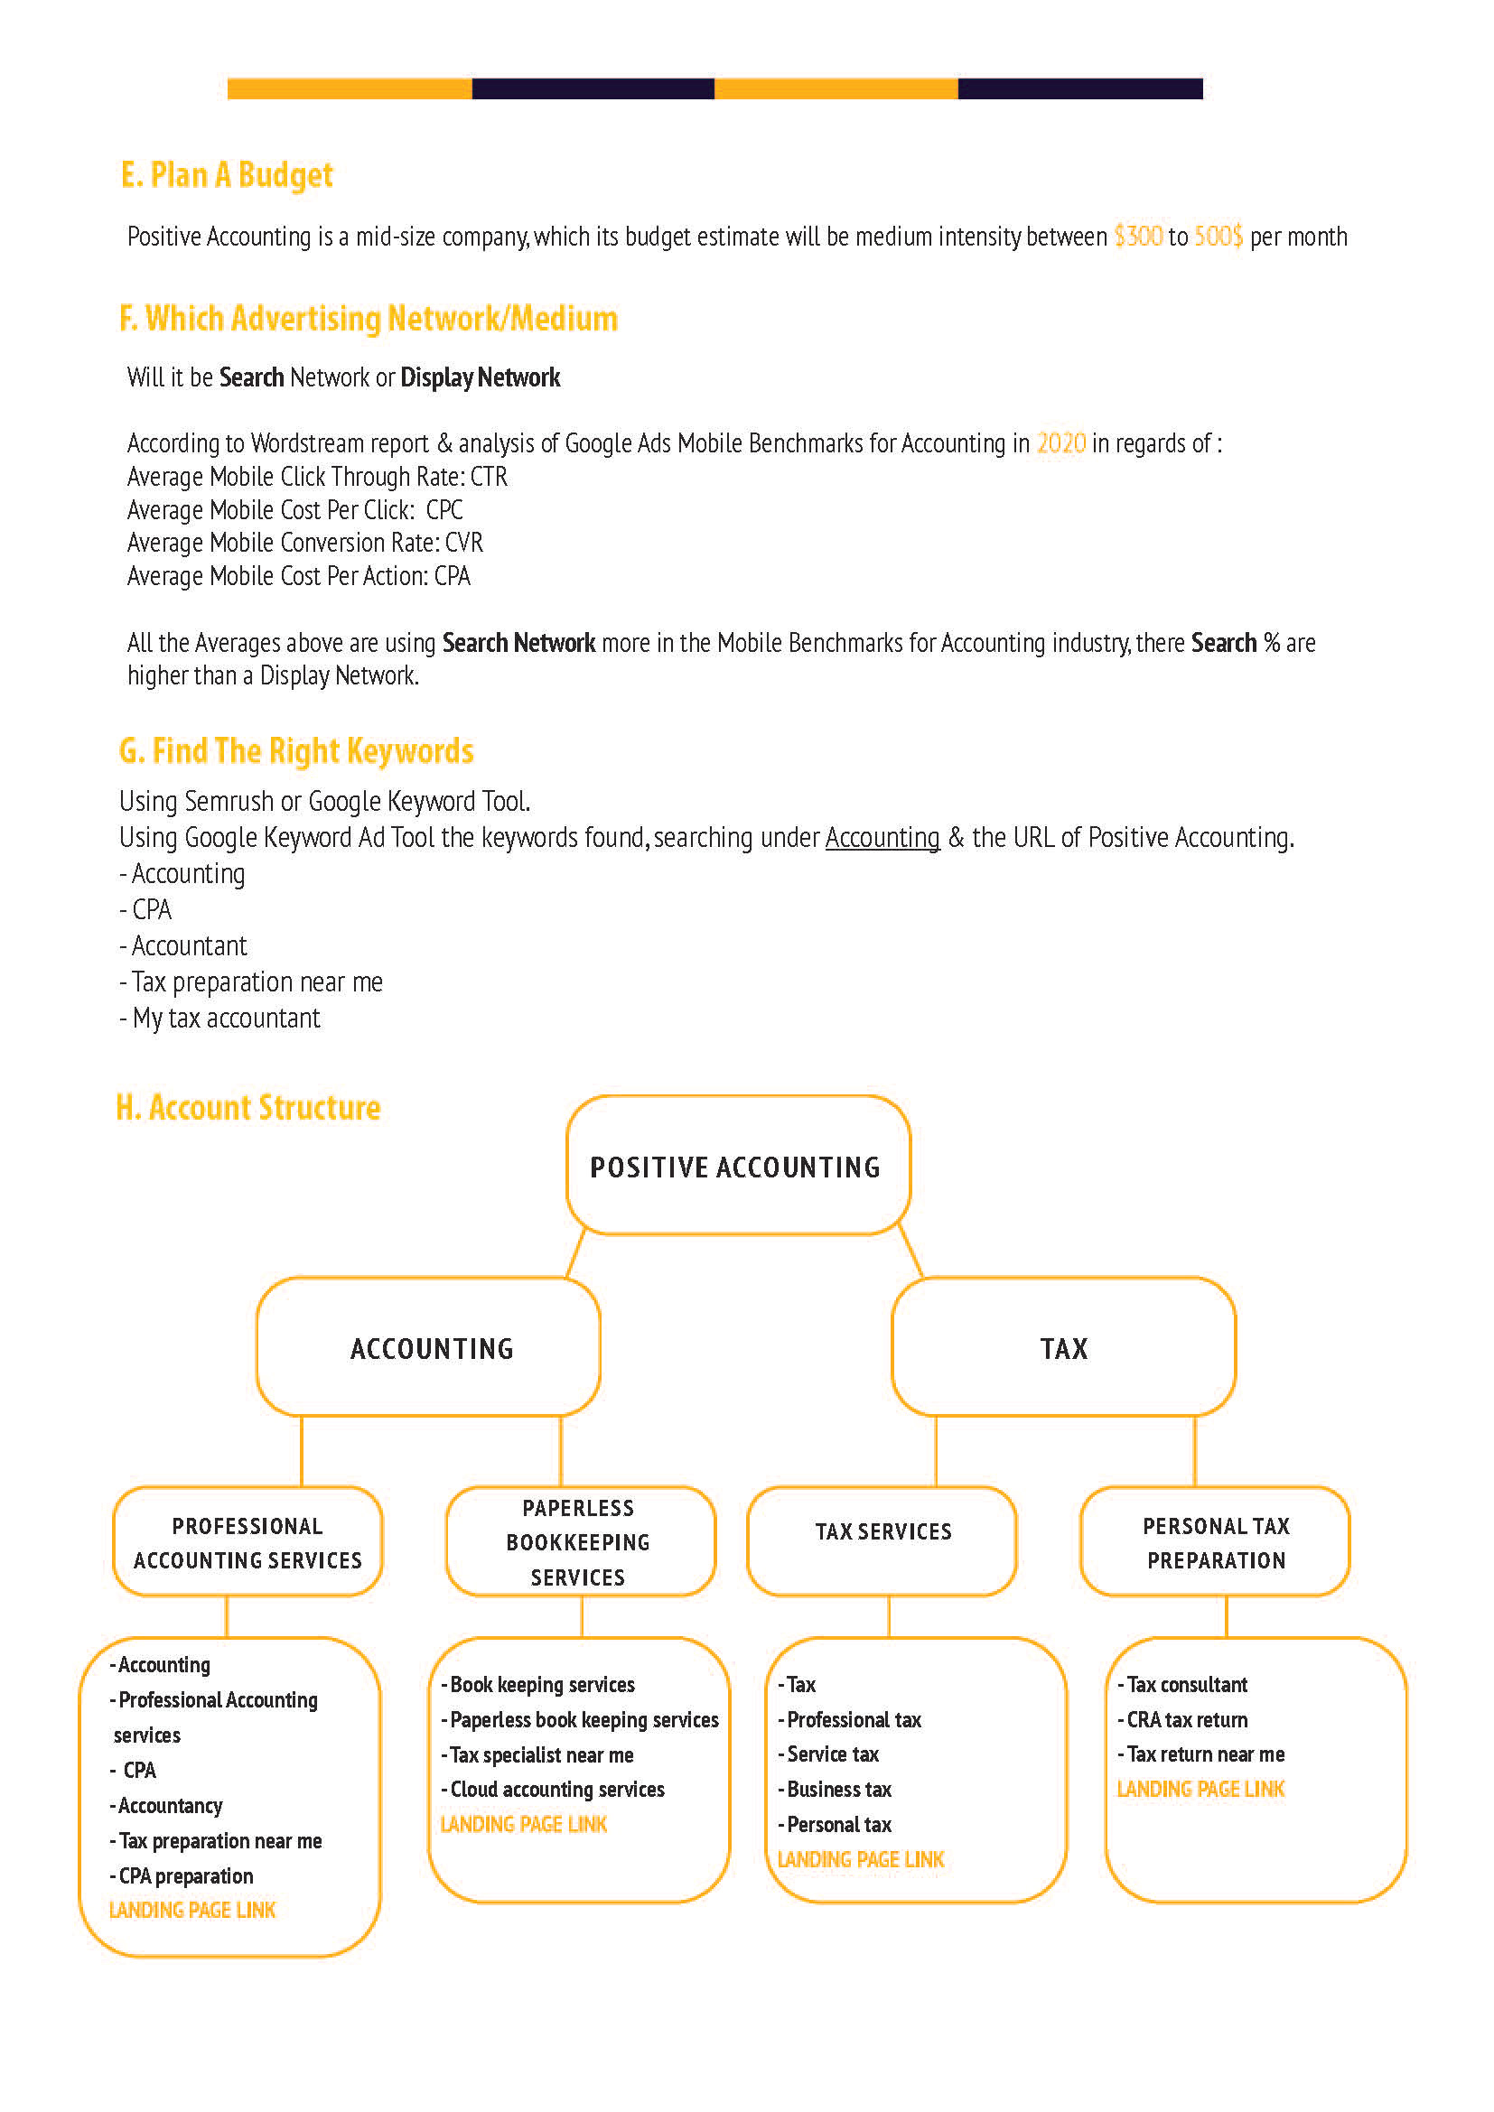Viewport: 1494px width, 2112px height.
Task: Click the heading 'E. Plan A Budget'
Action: tap(227, 175)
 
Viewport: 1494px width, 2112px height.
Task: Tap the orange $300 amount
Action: tap(1138, 237)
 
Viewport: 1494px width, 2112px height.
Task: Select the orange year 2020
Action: tap(1060, 443)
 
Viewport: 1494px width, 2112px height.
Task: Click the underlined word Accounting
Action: tap(882, 837)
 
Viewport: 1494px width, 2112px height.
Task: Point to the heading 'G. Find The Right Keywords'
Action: tap(296, 750)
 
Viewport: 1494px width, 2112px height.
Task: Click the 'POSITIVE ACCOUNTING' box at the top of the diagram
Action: tap(738, 1166)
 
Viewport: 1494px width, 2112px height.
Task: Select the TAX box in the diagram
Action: tap(1063, 1347)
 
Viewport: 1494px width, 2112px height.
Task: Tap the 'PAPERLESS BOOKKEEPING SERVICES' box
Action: tap(580, 1541)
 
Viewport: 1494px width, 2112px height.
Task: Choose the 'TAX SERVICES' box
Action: tap(882, 1540)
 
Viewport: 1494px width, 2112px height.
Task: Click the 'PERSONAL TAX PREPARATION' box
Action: tap(1215, 1541)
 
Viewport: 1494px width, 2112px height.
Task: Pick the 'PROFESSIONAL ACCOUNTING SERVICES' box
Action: tap(247, 1541)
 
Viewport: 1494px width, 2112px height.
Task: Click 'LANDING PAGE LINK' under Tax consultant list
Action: tap(1200, 1789)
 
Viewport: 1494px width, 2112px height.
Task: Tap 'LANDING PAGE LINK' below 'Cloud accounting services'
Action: tap(524, 1824)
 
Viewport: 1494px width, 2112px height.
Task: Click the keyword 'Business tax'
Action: tap(839, 1789)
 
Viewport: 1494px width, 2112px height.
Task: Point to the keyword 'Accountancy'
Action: tap(170, 1806)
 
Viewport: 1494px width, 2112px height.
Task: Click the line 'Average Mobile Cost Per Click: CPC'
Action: tap(294, 509)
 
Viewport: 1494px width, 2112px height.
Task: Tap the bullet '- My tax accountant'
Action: tap(220, 1019)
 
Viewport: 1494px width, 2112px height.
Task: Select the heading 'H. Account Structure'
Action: tap(248, 1108)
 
